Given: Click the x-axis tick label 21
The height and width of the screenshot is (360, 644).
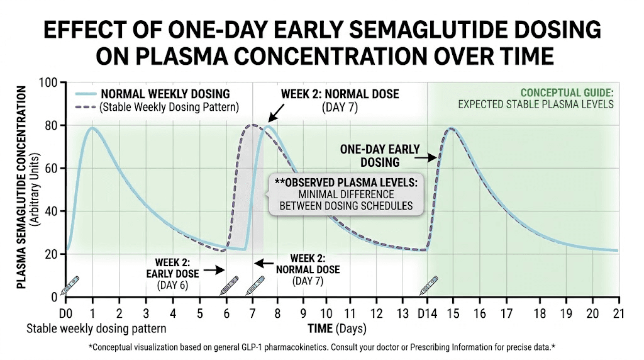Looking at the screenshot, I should [x=618, y=313].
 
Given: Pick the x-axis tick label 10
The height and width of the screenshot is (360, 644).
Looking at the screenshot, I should [x=325, y=313].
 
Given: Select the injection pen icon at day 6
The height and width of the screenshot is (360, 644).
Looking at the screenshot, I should [x=229, y=286].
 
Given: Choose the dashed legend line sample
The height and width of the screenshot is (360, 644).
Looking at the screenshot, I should [x=84, y=107].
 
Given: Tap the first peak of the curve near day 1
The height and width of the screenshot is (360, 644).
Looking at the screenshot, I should [x=93, y=128].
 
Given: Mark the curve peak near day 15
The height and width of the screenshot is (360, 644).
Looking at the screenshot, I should [x=451, y=129].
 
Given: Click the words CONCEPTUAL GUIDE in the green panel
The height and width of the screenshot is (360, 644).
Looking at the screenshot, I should [x=567, y=93].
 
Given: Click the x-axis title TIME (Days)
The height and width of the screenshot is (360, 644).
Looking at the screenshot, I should [x=336, y=329].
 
